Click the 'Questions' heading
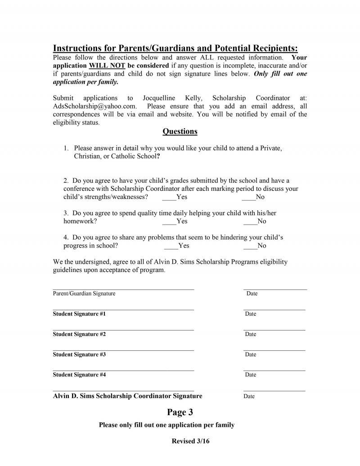(180, 131)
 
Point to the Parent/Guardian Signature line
(123, 289)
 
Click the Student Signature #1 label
(79, 314)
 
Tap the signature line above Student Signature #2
(123, 330)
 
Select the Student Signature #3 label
(79, 354)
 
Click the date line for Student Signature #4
(274, 370)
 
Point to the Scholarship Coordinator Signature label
(127, 396)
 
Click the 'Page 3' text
(180, 412)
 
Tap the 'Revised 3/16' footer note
(190, 441)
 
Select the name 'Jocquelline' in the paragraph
(159, 98)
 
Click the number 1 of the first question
(66, 148)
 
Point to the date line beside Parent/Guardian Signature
(275, 289)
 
